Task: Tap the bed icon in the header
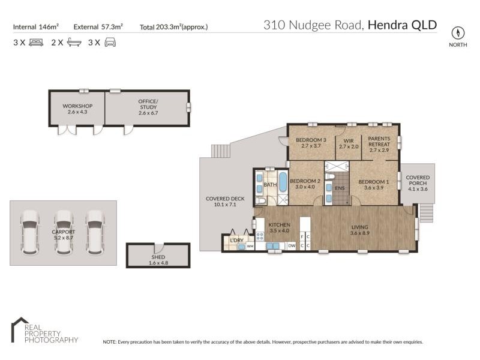pyautogui.click(x=36, y=43)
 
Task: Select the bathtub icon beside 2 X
pyautogui.click(x=74, y=43)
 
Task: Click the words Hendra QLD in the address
pyautogui.click(x=402, y=25)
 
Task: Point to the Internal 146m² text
pyautogui.click(x=35, y=26)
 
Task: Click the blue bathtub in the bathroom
pyautogui.click(x=283, y=182)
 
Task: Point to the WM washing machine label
pyautogui.click(x=250, y=246)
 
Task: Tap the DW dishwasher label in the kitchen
pyautogui.click(x=292, y=245)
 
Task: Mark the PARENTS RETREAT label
pyautogui.click(x=379, y=143)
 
